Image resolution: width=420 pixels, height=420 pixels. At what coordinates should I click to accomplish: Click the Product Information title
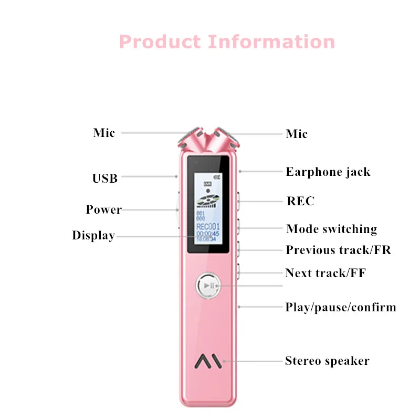[x=227, y=41]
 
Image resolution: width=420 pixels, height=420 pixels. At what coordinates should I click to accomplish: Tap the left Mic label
[x=104, y=133]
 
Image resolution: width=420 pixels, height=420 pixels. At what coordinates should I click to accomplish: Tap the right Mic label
[x=297, y=134]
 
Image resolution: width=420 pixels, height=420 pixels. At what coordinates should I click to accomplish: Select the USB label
[x=105, y=178]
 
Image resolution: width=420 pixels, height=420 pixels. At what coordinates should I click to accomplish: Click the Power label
[x=104, y=209]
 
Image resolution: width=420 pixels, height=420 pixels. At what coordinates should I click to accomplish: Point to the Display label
[x=93, y=236]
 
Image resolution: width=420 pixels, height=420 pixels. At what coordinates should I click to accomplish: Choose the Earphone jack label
[x=328, y=172]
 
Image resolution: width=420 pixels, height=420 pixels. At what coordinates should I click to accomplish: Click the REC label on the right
[x=300, y=201]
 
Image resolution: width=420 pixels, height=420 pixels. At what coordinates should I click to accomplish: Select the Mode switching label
[x=332, y=229]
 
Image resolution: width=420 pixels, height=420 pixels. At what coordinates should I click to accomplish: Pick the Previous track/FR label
[x=339, y=250]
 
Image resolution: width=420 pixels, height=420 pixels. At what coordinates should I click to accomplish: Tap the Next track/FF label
[x=325, y=273]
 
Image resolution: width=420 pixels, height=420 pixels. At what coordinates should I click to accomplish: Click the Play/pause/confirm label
[x=341, y=307]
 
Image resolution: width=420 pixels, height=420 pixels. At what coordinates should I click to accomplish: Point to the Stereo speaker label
[x=327, y=361]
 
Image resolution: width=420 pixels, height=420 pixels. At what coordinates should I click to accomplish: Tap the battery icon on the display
[x=217, y=177]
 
